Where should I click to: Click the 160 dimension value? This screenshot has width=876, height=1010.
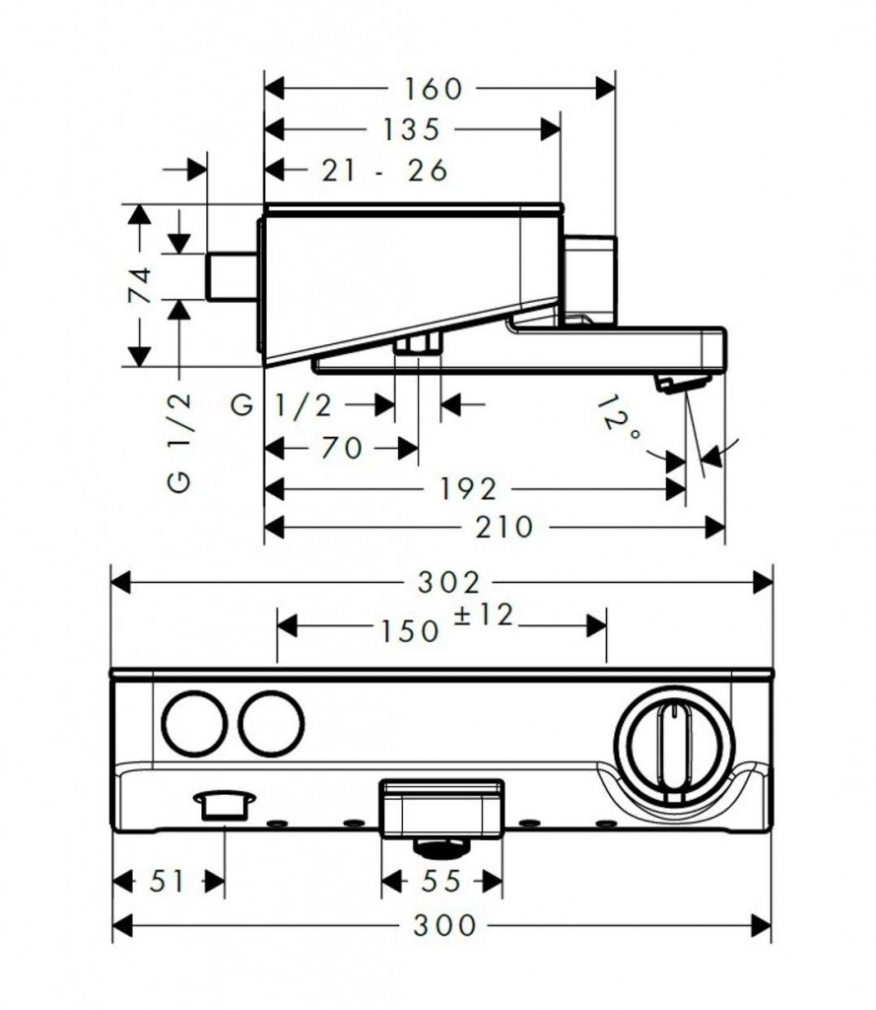tap(433, 89)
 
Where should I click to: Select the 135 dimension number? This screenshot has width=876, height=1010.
tap(406, 129)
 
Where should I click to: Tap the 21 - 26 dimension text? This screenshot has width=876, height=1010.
tap(384, 170)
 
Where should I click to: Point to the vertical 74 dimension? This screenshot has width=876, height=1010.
tap(140, 285)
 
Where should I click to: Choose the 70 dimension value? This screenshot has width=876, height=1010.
tap(342, 449)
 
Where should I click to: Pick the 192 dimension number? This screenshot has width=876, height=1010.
tap(470, 488)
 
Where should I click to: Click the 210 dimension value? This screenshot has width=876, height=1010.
tap(504, 528)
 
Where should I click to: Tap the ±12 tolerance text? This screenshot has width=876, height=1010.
tap(484, 615)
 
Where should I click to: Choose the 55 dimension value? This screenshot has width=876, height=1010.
tap(442, 881)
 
